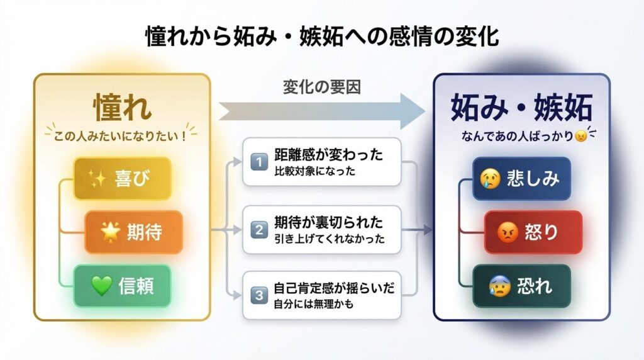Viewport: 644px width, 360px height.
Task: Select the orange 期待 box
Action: coord(133,232)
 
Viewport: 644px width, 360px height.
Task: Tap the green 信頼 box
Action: coord(122,286)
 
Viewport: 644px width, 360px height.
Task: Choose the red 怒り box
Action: coord(533,232)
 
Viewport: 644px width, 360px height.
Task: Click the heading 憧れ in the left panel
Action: coord(122,108)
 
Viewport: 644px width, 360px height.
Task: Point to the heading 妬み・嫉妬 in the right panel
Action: coord(521,108)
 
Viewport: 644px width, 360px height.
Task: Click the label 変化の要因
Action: coord(320,87)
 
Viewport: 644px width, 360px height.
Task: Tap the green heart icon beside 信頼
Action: coord(101,286)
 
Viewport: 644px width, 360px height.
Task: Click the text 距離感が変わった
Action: coord(328,155)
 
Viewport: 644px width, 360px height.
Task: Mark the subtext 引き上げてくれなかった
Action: coord(329,239)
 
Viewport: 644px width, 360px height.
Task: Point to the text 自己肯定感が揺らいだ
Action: coord(333,290)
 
